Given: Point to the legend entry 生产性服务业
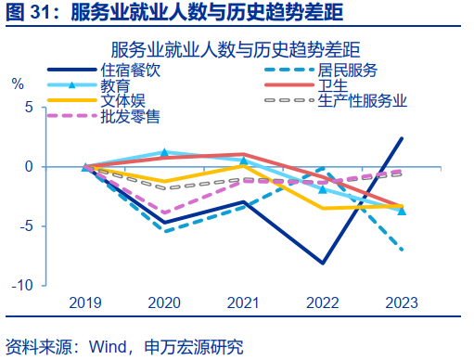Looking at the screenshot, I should coord(362,100).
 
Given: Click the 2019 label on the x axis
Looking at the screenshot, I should coord(85,302).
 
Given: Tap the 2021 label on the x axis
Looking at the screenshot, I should coord(243,302).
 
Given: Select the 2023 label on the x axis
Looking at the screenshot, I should coord(401,302).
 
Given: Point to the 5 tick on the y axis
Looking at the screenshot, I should coord(29,108).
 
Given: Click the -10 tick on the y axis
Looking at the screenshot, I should coord(22,285).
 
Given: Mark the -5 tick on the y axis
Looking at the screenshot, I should coord(26,225).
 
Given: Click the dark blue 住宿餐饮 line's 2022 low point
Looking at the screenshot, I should coord(323,264).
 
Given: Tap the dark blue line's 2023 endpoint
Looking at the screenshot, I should coord(402,138).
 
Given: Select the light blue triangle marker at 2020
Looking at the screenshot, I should coord(164,152).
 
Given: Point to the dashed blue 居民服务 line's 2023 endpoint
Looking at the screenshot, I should coord(402,250).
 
